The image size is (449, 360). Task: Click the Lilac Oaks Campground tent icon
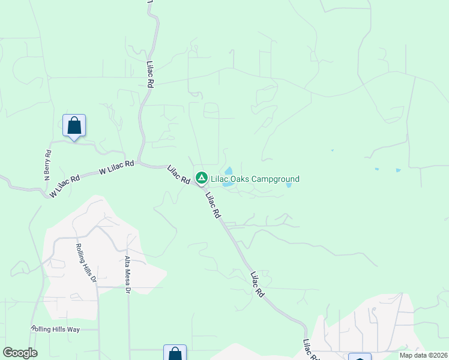coord(202,178)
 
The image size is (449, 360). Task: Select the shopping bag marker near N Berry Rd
coord(74,126)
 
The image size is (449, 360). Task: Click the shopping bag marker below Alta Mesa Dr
coord(175,353)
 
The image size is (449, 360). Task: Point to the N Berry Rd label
coord(47,165)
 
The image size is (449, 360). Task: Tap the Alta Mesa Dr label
coord(127,275)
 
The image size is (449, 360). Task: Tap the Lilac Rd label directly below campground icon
coord(212,205)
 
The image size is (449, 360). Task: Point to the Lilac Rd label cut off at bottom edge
coord(310,350)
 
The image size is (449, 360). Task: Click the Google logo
coord(20,353)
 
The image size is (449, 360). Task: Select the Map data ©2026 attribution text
coord(423,355)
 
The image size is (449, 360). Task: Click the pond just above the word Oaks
coord(229,171)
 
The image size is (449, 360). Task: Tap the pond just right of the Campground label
coord(289,185)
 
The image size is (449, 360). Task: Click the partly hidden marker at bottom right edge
coord(359,356)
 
